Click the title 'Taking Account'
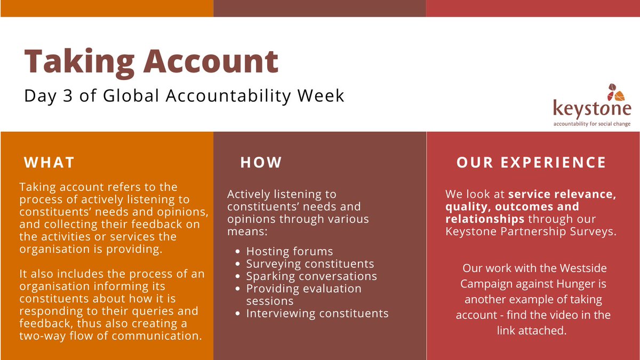pyautogui.click(x=151, y=61)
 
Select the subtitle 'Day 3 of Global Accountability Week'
pyautogui.click(x=185, y=96)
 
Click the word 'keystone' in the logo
pyautogui.click(x=592, y=109)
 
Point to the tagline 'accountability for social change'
pyautogui.click(x=592, y=124)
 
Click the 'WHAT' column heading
pyautogui.click(x=50, y=162)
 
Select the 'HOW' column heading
pyautogui.click(x=261, y=162)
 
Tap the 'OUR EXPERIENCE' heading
pyautogui.click(x=531, y=162)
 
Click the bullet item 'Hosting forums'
pyautogui.click(x=290, y=251)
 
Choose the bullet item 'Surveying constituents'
pyautogui.click(x=310, y=263)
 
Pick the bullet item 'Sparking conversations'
pyautogui.click(x=311, y=276)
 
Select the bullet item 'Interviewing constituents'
pyautogui.click(x=317, y=313)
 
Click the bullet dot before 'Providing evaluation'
pyautogui.click(x=237, y=289)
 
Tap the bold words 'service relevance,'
pyautogui.click(x=562, y=195)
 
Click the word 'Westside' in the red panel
pyautogui.click(x=580, y=268)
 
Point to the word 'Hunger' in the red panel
pyautogui.click(x=588, y=284)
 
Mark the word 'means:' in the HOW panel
pyautogui.click(x=246, y=231)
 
